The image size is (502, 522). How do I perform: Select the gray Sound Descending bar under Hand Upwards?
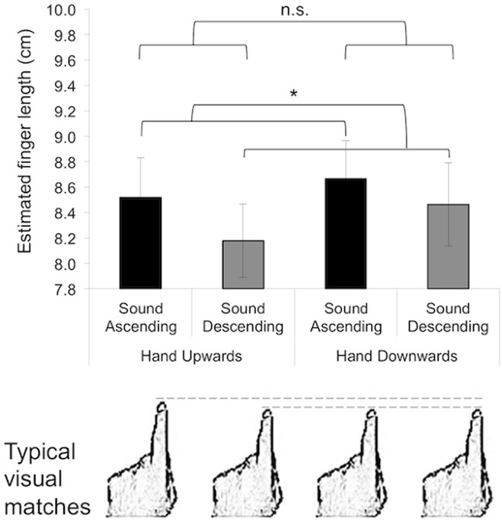point(243,264)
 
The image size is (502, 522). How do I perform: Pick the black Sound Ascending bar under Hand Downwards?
point(346,233)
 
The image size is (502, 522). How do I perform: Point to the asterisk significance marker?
point(294,94)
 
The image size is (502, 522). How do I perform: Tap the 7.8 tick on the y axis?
point(65,290)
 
